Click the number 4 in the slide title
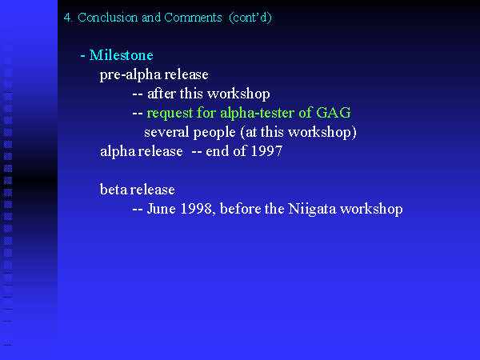67,18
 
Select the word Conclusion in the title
107,18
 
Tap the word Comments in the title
193,18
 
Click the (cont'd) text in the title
250,18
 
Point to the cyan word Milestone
122,55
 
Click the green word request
170,114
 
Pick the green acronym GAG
334,113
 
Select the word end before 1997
217,151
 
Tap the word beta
114,190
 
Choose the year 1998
196,209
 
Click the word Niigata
312,209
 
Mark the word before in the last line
240,209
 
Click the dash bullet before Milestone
82,56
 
